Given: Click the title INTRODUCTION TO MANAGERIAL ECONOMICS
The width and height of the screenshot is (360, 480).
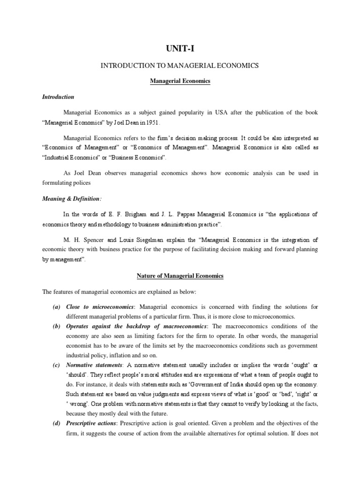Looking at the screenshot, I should coord(180,66).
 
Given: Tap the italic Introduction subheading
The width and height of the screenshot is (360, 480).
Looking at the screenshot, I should coord(58,97).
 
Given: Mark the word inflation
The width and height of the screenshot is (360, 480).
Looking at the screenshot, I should coord(121,356).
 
